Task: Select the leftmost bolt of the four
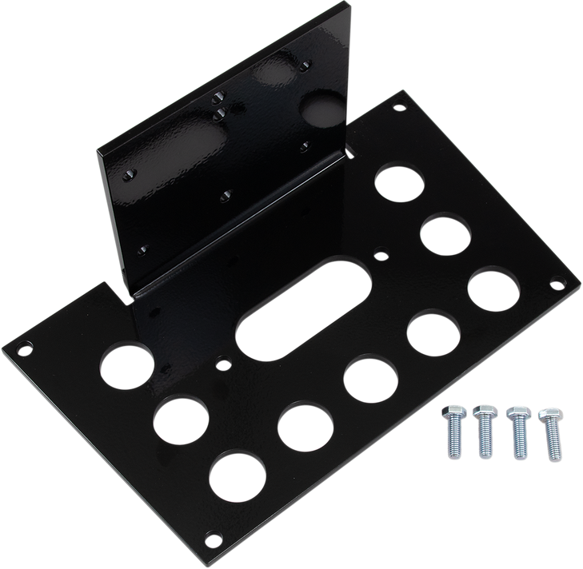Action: coord(451,436)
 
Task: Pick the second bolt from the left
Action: coord(483,432)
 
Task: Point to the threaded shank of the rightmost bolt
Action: coord(552,443)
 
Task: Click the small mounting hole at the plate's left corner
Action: coord(25,348)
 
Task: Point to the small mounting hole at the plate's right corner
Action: coord(553,284)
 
